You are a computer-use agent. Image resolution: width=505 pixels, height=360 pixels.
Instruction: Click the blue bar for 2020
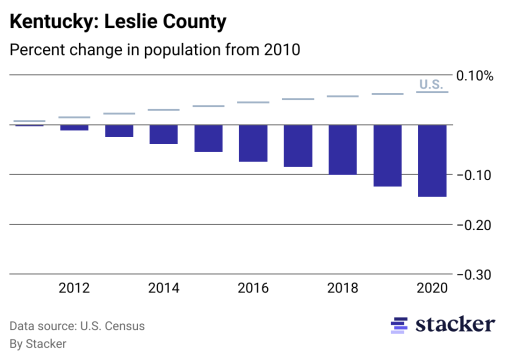tap(432, 160)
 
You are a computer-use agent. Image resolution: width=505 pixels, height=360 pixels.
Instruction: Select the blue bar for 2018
tap(342, 149)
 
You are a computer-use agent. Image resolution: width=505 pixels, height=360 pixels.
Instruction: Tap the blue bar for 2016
tap(253, 143)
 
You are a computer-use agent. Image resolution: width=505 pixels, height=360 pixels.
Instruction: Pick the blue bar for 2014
tap(163, 134)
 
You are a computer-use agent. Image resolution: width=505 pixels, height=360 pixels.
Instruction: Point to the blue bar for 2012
tap(74, 127)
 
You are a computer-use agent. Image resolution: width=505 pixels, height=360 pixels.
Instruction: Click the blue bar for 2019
tap(387, 155)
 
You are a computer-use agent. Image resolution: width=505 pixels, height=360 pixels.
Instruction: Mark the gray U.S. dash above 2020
tap(432, 92)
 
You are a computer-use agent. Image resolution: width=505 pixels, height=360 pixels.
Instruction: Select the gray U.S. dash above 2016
tap(253, 102)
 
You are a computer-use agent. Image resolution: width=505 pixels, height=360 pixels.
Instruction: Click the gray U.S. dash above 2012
tap(74, 117)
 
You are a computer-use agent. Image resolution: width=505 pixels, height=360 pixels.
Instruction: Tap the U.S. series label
tap(430, 84)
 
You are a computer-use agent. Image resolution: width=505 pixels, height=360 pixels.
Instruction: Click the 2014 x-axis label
tap(163, 288)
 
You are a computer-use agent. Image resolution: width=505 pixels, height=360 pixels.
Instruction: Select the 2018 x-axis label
tap(342, 288)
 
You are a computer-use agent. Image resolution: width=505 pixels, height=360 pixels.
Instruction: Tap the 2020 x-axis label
tap(432, 288)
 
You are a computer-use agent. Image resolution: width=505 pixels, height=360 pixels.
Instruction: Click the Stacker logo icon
tap(399, 325)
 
